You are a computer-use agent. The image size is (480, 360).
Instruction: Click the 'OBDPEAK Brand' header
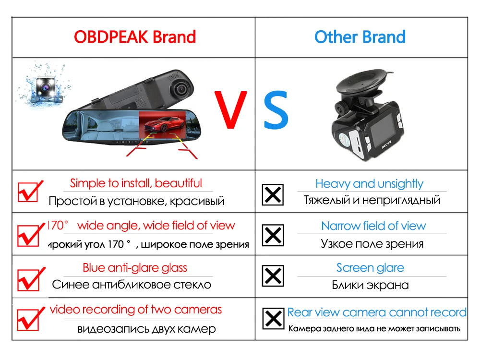(x=135, y=37)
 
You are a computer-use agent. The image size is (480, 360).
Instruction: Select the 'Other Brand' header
(x=360, y=37)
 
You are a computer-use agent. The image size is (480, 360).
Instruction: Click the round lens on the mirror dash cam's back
(x=180, y=88)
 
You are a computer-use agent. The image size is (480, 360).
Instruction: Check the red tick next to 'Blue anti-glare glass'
(x=30, y=277)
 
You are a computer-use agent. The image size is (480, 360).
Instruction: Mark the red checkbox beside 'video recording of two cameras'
(x=30, y=318)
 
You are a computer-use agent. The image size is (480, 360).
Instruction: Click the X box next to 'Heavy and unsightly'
(x=273, y=194)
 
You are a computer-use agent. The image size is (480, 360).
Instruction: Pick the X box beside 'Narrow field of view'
(x=273, y=236)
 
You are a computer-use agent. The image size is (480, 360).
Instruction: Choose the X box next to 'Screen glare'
(x=273, y=276)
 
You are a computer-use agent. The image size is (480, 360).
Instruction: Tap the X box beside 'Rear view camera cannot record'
(x=273, y=318)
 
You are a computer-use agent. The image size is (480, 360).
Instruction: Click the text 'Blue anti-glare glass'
(x=135, y=268)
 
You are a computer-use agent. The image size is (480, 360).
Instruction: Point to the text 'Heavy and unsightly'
(x=369, y=184)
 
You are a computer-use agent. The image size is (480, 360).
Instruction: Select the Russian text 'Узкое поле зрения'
(x=372, y=244)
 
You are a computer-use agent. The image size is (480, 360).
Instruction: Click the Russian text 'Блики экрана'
(x=370, y=285)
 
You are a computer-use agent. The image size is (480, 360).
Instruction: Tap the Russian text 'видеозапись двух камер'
(x=146, y=329)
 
